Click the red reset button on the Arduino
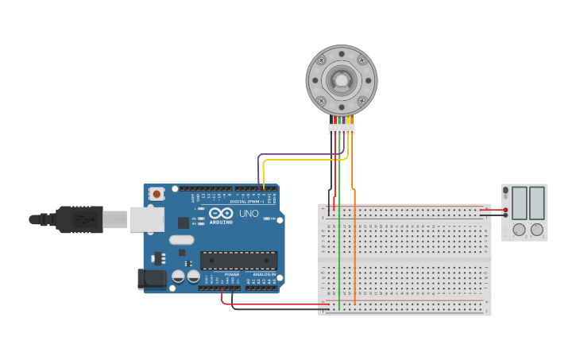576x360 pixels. point(157,193)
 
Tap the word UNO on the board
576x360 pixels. point(249,214)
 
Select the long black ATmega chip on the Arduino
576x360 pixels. point(238,260)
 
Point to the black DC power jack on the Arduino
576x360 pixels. point(152,278)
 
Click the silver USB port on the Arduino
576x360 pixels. point(147,220)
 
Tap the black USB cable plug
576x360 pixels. point(79,219)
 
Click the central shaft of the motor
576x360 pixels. point(342,80)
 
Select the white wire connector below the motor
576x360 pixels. point(342,128)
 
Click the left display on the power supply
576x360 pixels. point(520,203)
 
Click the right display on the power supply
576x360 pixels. point(537,203)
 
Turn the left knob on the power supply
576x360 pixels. point(520,230)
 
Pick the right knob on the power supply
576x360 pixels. point(537,230)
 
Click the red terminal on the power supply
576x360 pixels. point(505,210)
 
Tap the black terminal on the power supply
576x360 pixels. point(505,215)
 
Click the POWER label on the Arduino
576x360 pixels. point(231,274)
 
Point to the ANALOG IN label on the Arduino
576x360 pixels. point(264,274)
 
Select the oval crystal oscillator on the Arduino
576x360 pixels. point(181,239)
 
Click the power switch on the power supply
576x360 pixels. point(505,191)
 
